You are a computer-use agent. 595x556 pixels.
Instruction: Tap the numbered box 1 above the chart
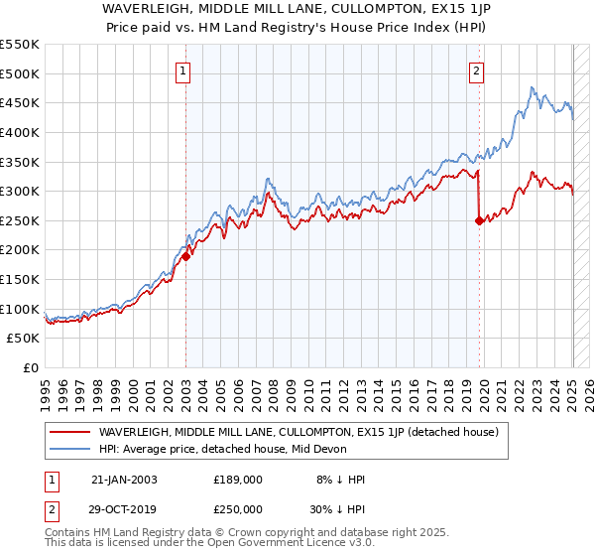(185, 70)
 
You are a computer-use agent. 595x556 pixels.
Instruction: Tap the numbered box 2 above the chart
(477, 70)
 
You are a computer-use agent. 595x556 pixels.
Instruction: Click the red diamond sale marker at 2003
(185, 256)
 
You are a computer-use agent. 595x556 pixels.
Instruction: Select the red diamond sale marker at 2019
(479, 220)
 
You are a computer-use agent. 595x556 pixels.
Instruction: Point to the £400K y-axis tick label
(20, 132)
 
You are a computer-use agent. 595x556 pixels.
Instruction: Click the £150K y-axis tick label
(20, 279)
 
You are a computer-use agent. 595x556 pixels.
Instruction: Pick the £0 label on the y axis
(32, 367)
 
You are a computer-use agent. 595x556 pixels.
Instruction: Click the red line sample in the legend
(69, 432)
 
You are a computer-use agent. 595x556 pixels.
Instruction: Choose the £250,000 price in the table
(238, 507)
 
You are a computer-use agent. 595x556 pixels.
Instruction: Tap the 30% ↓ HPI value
(340, 507)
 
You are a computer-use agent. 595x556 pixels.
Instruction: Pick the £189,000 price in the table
(238, 480)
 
